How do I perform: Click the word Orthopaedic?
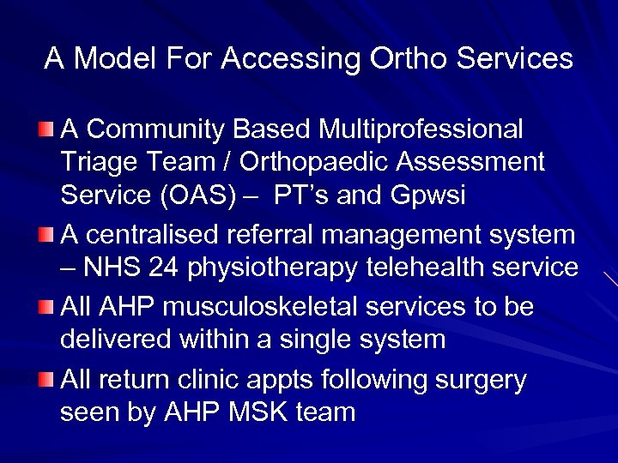pyautogui.click(x=335, y=162)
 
